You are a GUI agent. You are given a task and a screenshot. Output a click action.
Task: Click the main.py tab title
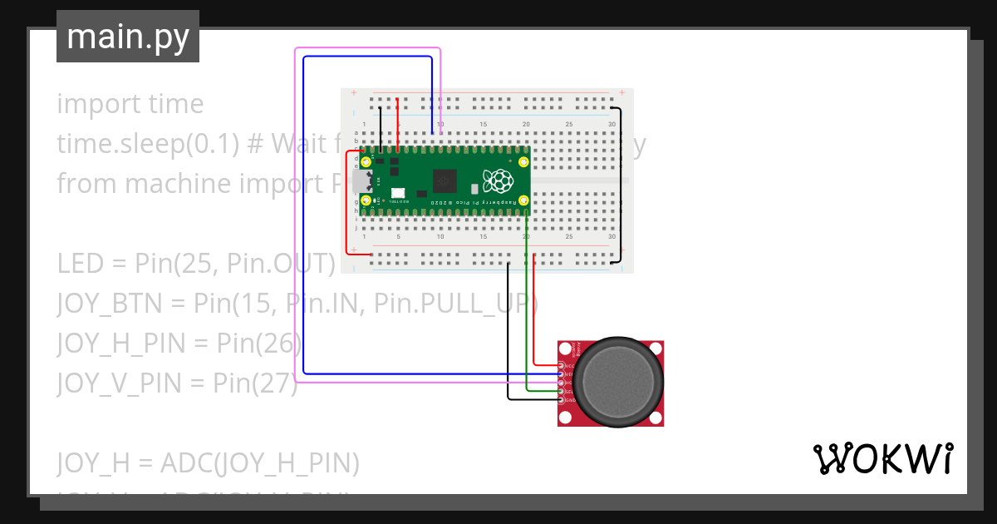pyautogui.click(x=128, y=37)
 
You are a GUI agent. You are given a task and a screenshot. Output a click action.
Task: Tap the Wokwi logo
pyautogui.click(x=882, y=458)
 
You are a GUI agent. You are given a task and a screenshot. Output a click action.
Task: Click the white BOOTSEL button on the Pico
pyautogui.click(x=397, y=194)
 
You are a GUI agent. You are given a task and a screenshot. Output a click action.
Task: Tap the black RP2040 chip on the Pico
pyautogui.click(x=445, y=180)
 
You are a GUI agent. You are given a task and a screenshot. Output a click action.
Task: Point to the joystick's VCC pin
pyautogui.click(x=562, y=366)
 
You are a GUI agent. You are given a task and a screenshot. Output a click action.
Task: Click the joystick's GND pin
pyautogui.click(x=562, y=400)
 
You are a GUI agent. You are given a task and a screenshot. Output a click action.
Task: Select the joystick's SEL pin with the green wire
pyautogui.click(x=562, y=392)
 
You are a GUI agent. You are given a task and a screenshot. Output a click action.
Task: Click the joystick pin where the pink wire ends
pyautogui.click(x=562, y=383)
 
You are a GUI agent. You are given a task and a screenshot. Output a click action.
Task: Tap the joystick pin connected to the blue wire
pyautogui.click(x=562, y=374)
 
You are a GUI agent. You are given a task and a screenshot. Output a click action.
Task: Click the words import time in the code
pyautogui.click(x=130, y=104)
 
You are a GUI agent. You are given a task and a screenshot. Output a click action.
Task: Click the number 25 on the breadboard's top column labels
pyautogui.click(x=568, y=125)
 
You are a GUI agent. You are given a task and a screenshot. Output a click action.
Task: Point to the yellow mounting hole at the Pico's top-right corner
pyautogui.click(x=523, y=162)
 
